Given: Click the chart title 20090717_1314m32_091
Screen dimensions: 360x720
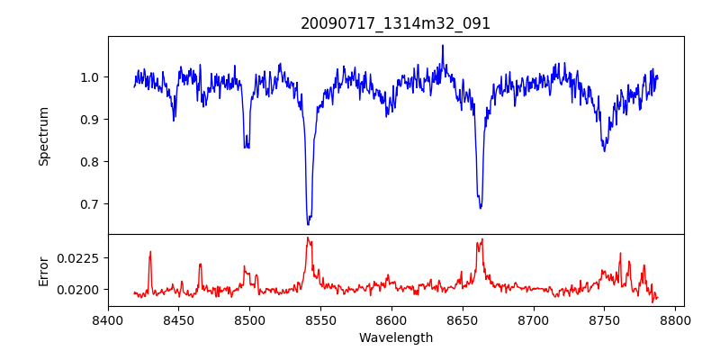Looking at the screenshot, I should [395, 23].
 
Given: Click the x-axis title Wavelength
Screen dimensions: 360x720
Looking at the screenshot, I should [395, 337].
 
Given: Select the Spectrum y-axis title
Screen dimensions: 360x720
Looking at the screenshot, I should [43, 136].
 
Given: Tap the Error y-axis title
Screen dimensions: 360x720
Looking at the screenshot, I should [43, 270].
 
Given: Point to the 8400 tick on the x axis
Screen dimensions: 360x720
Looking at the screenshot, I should [108, 319].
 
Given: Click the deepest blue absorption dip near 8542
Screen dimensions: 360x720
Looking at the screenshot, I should [308, 222].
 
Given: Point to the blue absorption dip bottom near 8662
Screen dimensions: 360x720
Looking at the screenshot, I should [481, 207].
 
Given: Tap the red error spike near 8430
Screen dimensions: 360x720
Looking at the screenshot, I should [150, 253].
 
